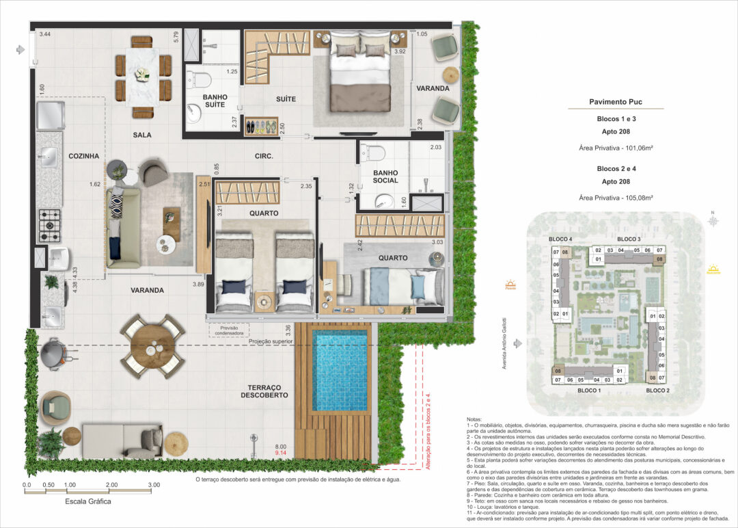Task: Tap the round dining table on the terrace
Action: point(152,345)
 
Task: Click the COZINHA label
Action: point(84,156)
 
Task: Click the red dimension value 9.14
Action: point(280,453)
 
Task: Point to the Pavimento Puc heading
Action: point(616,103)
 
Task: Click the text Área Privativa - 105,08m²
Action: point(616,197)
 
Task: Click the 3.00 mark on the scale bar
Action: point(153,484)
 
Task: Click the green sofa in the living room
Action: point(123,228)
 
